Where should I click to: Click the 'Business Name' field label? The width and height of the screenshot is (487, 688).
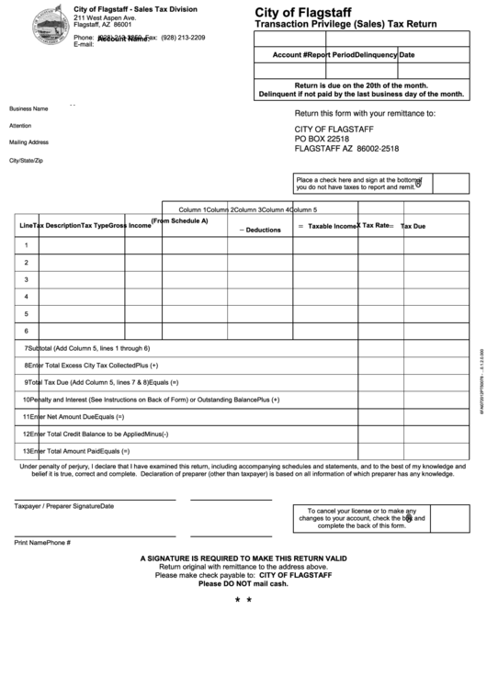click(x=28, y=108)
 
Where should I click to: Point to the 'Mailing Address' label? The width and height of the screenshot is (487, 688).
click(x=28, y=142)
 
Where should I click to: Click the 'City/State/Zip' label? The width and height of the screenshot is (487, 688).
click(x=26, y=160)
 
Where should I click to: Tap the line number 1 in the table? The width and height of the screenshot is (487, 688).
click(x=27, y=244)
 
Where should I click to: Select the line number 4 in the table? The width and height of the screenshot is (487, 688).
click(x=27, y=296)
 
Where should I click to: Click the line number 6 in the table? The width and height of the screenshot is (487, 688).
click(x=27, y=331)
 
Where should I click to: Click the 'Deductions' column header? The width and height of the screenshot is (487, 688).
click(x=263, y=230)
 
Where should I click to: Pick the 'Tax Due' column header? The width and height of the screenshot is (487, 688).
click(x=413, y=226)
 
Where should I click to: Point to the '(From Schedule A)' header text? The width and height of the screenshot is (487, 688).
click(x=179, y=220)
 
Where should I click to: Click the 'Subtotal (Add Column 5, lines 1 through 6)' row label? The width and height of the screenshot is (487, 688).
click(x=88, y=349)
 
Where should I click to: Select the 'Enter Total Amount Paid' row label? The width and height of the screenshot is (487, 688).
click(x=78, y=425)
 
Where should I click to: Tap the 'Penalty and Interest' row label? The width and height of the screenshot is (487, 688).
click(x=152, y=400)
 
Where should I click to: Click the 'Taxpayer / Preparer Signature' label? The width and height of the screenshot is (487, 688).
click(x=64, y=506)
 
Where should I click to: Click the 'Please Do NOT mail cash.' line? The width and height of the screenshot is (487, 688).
click(x=243, y=584)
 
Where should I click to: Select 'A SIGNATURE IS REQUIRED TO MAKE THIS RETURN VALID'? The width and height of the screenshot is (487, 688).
click(x=243, y=558)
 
